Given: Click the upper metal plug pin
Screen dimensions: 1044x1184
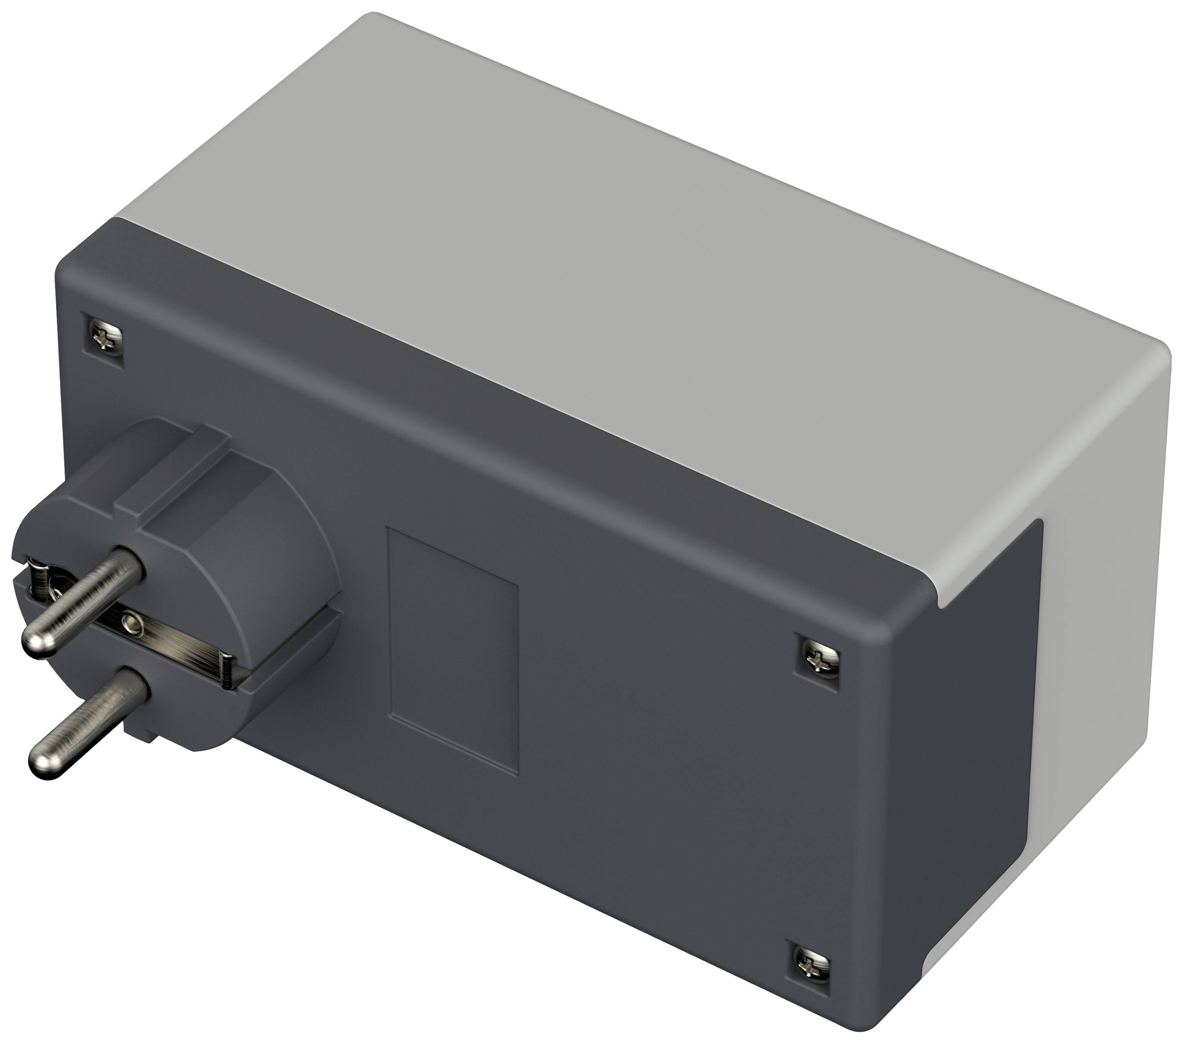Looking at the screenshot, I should pos(87,596).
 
